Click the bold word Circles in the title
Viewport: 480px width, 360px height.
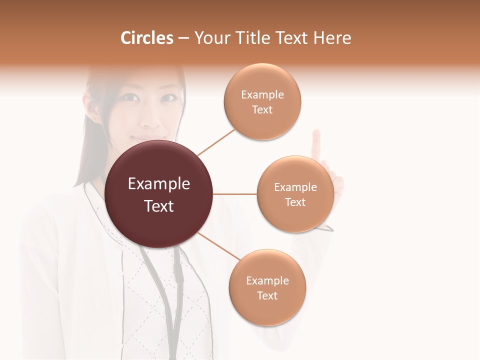coord(147,38)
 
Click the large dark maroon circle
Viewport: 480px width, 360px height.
coord(159,194)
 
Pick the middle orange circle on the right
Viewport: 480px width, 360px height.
coord(295,194)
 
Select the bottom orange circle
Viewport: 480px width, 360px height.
coord(267,288)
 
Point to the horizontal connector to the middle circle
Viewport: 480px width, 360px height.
coord(235,194)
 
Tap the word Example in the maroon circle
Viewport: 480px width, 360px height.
coord(159,184)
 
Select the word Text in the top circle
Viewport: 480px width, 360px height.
coord(262,110)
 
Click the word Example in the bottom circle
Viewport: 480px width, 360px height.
coord(267,280)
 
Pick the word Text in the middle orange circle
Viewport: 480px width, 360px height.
coord(295,202)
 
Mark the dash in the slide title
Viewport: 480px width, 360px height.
coord(183,38)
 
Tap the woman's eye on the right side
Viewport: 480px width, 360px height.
coord(169,97)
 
